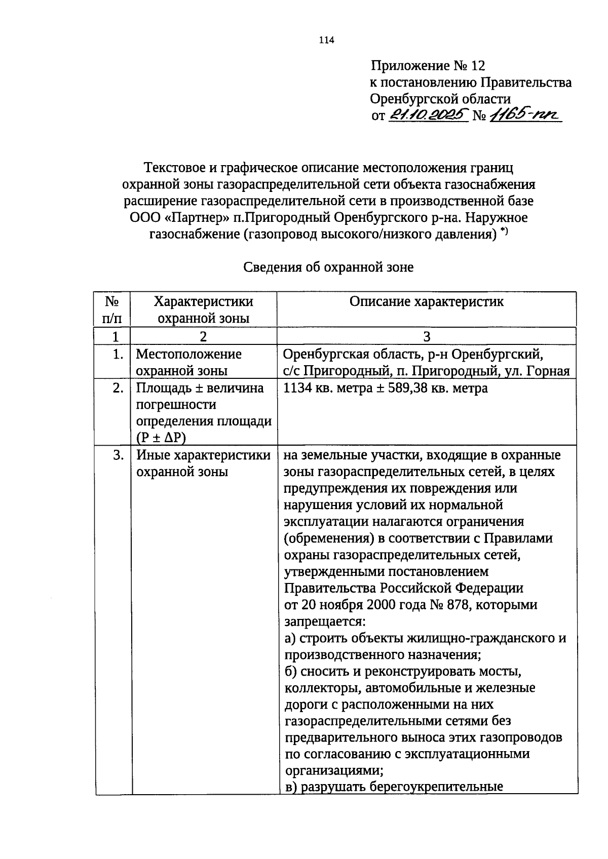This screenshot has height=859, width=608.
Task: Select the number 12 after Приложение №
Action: coord(477,66)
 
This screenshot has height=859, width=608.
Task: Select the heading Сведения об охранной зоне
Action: coord(328,267)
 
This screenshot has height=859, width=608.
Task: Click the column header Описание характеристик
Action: coord(426,302)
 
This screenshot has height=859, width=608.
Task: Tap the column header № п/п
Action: coord(112,309)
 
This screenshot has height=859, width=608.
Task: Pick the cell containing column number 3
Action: coord(426,336)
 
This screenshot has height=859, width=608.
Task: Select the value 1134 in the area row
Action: coord(296,388)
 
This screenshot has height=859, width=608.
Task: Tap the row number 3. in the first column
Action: coord(118,455)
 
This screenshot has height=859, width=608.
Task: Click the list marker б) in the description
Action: coord(290,672)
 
